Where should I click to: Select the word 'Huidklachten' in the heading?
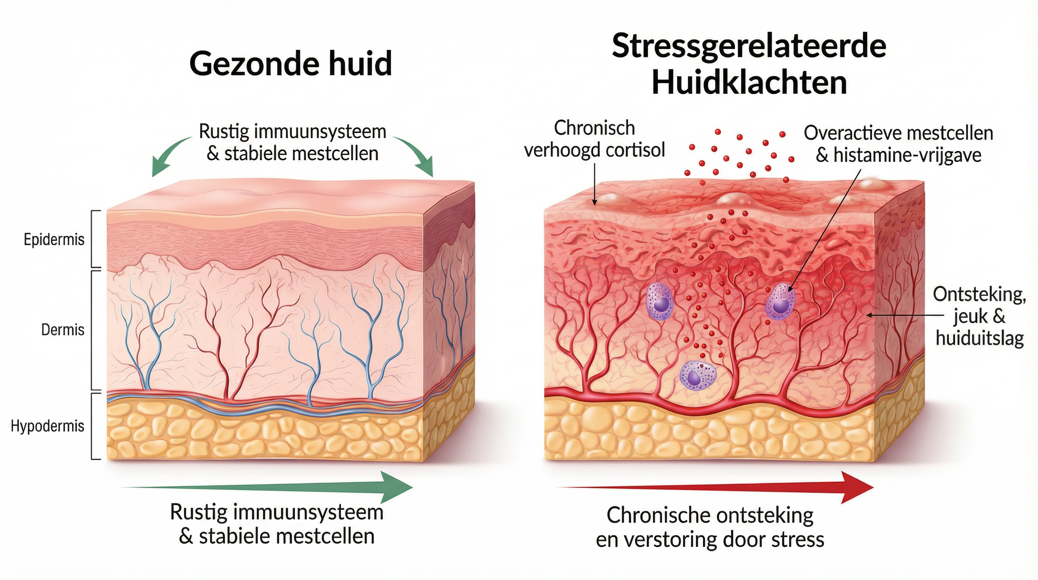pos(749,83)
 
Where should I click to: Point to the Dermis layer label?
pos(63,330)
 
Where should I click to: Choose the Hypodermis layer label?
pos(48,426)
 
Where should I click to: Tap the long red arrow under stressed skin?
pos(715,487)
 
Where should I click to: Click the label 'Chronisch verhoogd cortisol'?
pos(594,139)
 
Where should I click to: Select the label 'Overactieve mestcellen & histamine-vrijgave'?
pos(898,144)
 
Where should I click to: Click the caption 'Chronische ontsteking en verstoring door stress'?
pos(710,528)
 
